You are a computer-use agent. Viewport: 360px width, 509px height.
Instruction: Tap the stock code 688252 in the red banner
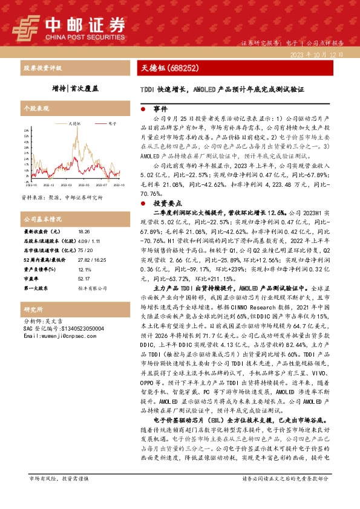coord(180,69)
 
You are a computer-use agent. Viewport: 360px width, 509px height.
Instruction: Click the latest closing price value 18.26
coord(84,232)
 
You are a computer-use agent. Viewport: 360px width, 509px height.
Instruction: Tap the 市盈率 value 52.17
coord(84,278)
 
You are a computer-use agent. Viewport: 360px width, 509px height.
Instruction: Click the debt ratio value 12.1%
coord(84,268)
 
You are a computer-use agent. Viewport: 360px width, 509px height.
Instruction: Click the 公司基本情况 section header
coord(42,218)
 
